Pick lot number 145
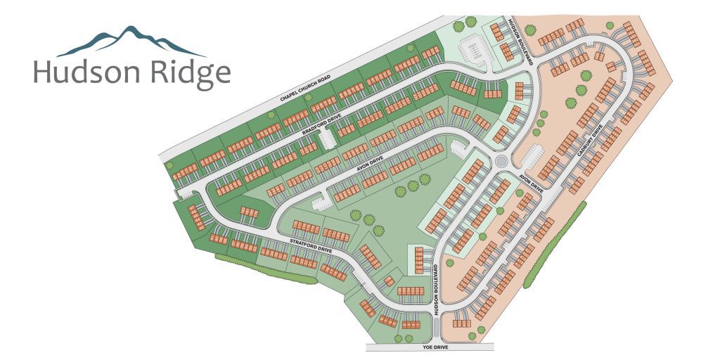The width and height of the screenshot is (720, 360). (x=418, y=250)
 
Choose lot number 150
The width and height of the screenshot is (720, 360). (x=418, y=271)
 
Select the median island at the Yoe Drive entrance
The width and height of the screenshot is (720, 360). (x=437, y=327)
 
